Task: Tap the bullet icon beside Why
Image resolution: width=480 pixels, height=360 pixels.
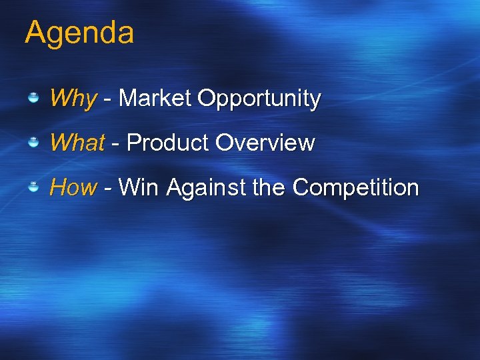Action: pos(33,99)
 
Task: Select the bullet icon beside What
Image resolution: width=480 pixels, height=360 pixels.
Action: pos(33,143)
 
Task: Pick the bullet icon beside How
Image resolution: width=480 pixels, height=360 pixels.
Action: pos(33,187)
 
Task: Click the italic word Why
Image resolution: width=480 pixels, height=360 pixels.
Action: pos(73,99)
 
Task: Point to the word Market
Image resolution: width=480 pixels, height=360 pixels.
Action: pos(155,99)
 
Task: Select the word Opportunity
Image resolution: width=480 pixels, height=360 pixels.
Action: pos(259,99)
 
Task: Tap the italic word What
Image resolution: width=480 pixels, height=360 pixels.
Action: pos(77,143)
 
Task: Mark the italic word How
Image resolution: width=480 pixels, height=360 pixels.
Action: pos(73,187)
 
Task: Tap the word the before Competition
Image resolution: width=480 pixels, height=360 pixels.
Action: pos(269,187)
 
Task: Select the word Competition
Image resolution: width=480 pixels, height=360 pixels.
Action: pos(355,187)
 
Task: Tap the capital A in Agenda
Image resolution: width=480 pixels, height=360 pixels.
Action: pos(35,32)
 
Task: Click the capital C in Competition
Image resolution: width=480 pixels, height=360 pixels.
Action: pos(301,187)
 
